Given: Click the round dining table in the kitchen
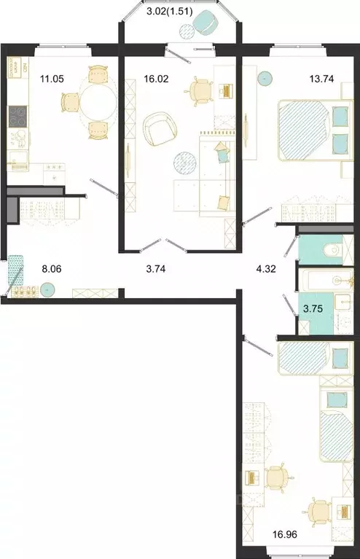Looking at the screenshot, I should tap(98, 102).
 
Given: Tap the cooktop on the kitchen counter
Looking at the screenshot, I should tap(17, 116).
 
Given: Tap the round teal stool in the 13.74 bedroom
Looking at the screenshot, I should tap(264, 75).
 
